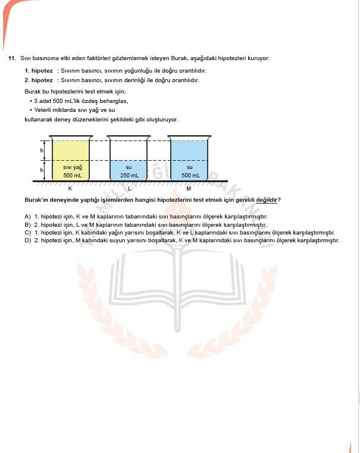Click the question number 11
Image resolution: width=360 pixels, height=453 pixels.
[11, 58]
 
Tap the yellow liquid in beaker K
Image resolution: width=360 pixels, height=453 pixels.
[72, 152]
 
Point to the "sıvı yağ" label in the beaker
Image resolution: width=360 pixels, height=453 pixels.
[72, 167]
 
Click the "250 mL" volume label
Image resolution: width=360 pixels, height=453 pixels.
[129, 176]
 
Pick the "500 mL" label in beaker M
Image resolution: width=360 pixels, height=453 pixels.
[190, 176]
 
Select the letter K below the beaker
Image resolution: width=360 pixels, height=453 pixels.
[70, 188]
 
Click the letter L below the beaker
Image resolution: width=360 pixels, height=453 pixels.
[129, 188]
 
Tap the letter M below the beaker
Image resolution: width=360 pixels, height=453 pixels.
[189, 188]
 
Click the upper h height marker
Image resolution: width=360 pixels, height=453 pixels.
[42, 151]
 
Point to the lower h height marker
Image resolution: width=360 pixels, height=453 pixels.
[42, 170]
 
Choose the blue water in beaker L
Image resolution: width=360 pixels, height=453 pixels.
[129, 171]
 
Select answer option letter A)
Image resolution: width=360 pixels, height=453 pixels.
[27, 216]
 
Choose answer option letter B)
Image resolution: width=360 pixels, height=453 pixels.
[27, 224]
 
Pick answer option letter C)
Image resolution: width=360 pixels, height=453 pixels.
[27, 232]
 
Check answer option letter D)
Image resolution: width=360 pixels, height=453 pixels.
[27, 240]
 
